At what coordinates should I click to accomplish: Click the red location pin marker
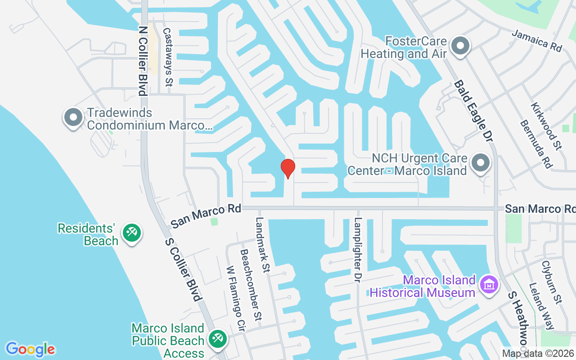point(288,168)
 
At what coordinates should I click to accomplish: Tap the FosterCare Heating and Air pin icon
point(460,46)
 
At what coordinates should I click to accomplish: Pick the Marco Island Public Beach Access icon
point(218,338)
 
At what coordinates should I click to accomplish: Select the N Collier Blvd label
point(143,61)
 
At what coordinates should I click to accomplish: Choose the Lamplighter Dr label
point(358,250)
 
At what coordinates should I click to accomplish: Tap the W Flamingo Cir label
point(235,298)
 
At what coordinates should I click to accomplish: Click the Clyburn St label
point(552,282)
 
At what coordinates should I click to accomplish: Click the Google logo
point(30,349)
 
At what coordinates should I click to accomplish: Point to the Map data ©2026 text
point(538,354)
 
